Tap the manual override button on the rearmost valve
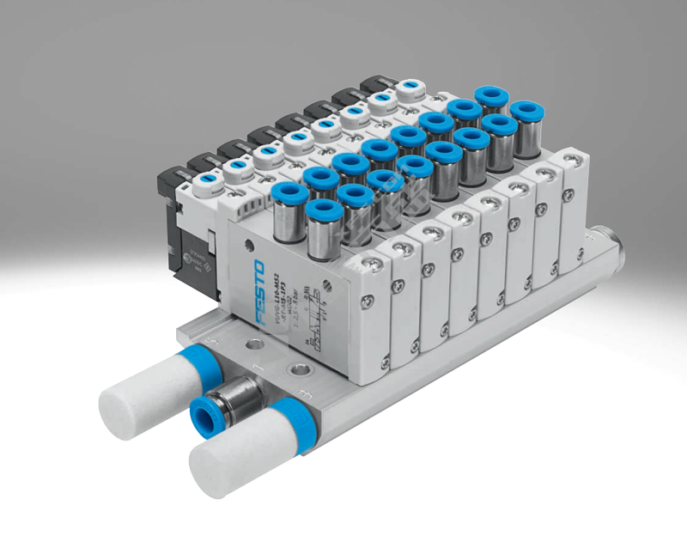(410, 87)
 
